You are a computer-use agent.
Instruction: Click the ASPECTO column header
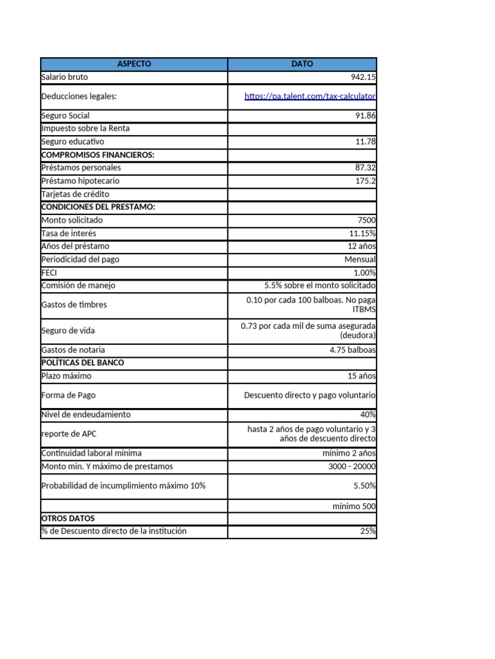(x=134, y=64)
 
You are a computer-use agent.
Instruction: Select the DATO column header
(x=302, y=64)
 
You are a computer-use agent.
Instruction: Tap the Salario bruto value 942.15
(x=363, y=77)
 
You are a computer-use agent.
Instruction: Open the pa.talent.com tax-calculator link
(x=310, y=97)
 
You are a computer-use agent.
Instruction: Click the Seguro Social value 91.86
(x=365, y=116)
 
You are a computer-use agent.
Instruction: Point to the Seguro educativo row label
(x=72, y=142)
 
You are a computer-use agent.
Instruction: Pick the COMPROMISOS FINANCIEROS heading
(x=98, y=154)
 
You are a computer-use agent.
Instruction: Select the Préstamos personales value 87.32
(x=365, y=167)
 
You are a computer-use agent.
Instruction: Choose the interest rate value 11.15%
(x=363, y=233)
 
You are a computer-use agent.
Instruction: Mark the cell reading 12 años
(x=362, y=246)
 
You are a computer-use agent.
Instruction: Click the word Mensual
(x=360, y=259)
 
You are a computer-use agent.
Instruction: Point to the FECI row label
(x=49, y=272)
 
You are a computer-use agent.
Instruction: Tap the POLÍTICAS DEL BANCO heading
(x=82, y=363)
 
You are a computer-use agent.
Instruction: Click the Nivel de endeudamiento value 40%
(x=368, y=414)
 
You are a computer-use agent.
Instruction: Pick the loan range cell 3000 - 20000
(x=352, y=467)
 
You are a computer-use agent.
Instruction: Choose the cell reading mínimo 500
(x=354, y=506)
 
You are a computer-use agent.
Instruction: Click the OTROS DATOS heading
(x=68, y=518)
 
